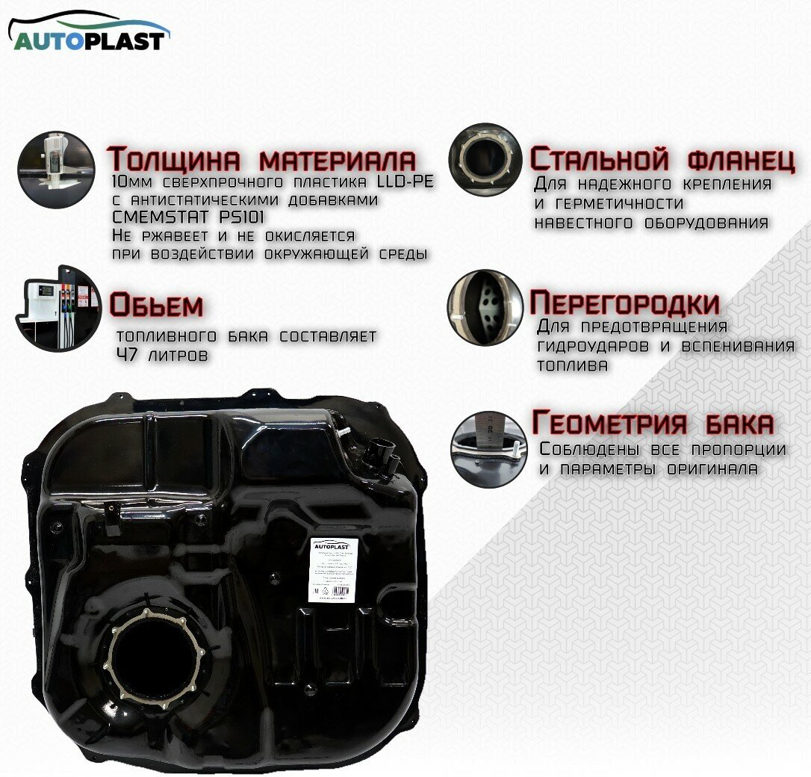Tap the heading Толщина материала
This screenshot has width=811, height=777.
[x=261, y=160]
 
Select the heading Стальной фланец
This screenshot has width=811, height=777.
[x=662, y=160]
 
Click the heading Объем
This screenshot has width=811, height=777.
[x=156, y=305]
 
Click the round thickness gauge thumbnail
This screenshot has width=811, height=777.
[x=56, y=167]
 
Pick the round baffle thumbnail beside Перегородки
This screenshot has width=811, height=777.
[x=485, y=307]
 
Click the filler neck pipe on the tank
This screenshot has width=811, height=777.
[x=381, y=451]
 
